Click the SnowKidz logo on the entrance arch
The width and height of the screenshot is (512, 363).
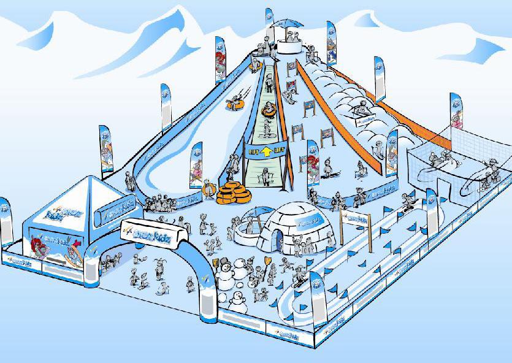[x=154, y=230]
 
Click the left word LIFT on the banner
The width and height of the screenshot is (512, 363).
[x=253, y=150]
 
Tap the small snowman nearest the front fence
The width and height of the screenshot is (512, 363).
[x=236, y=300]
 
